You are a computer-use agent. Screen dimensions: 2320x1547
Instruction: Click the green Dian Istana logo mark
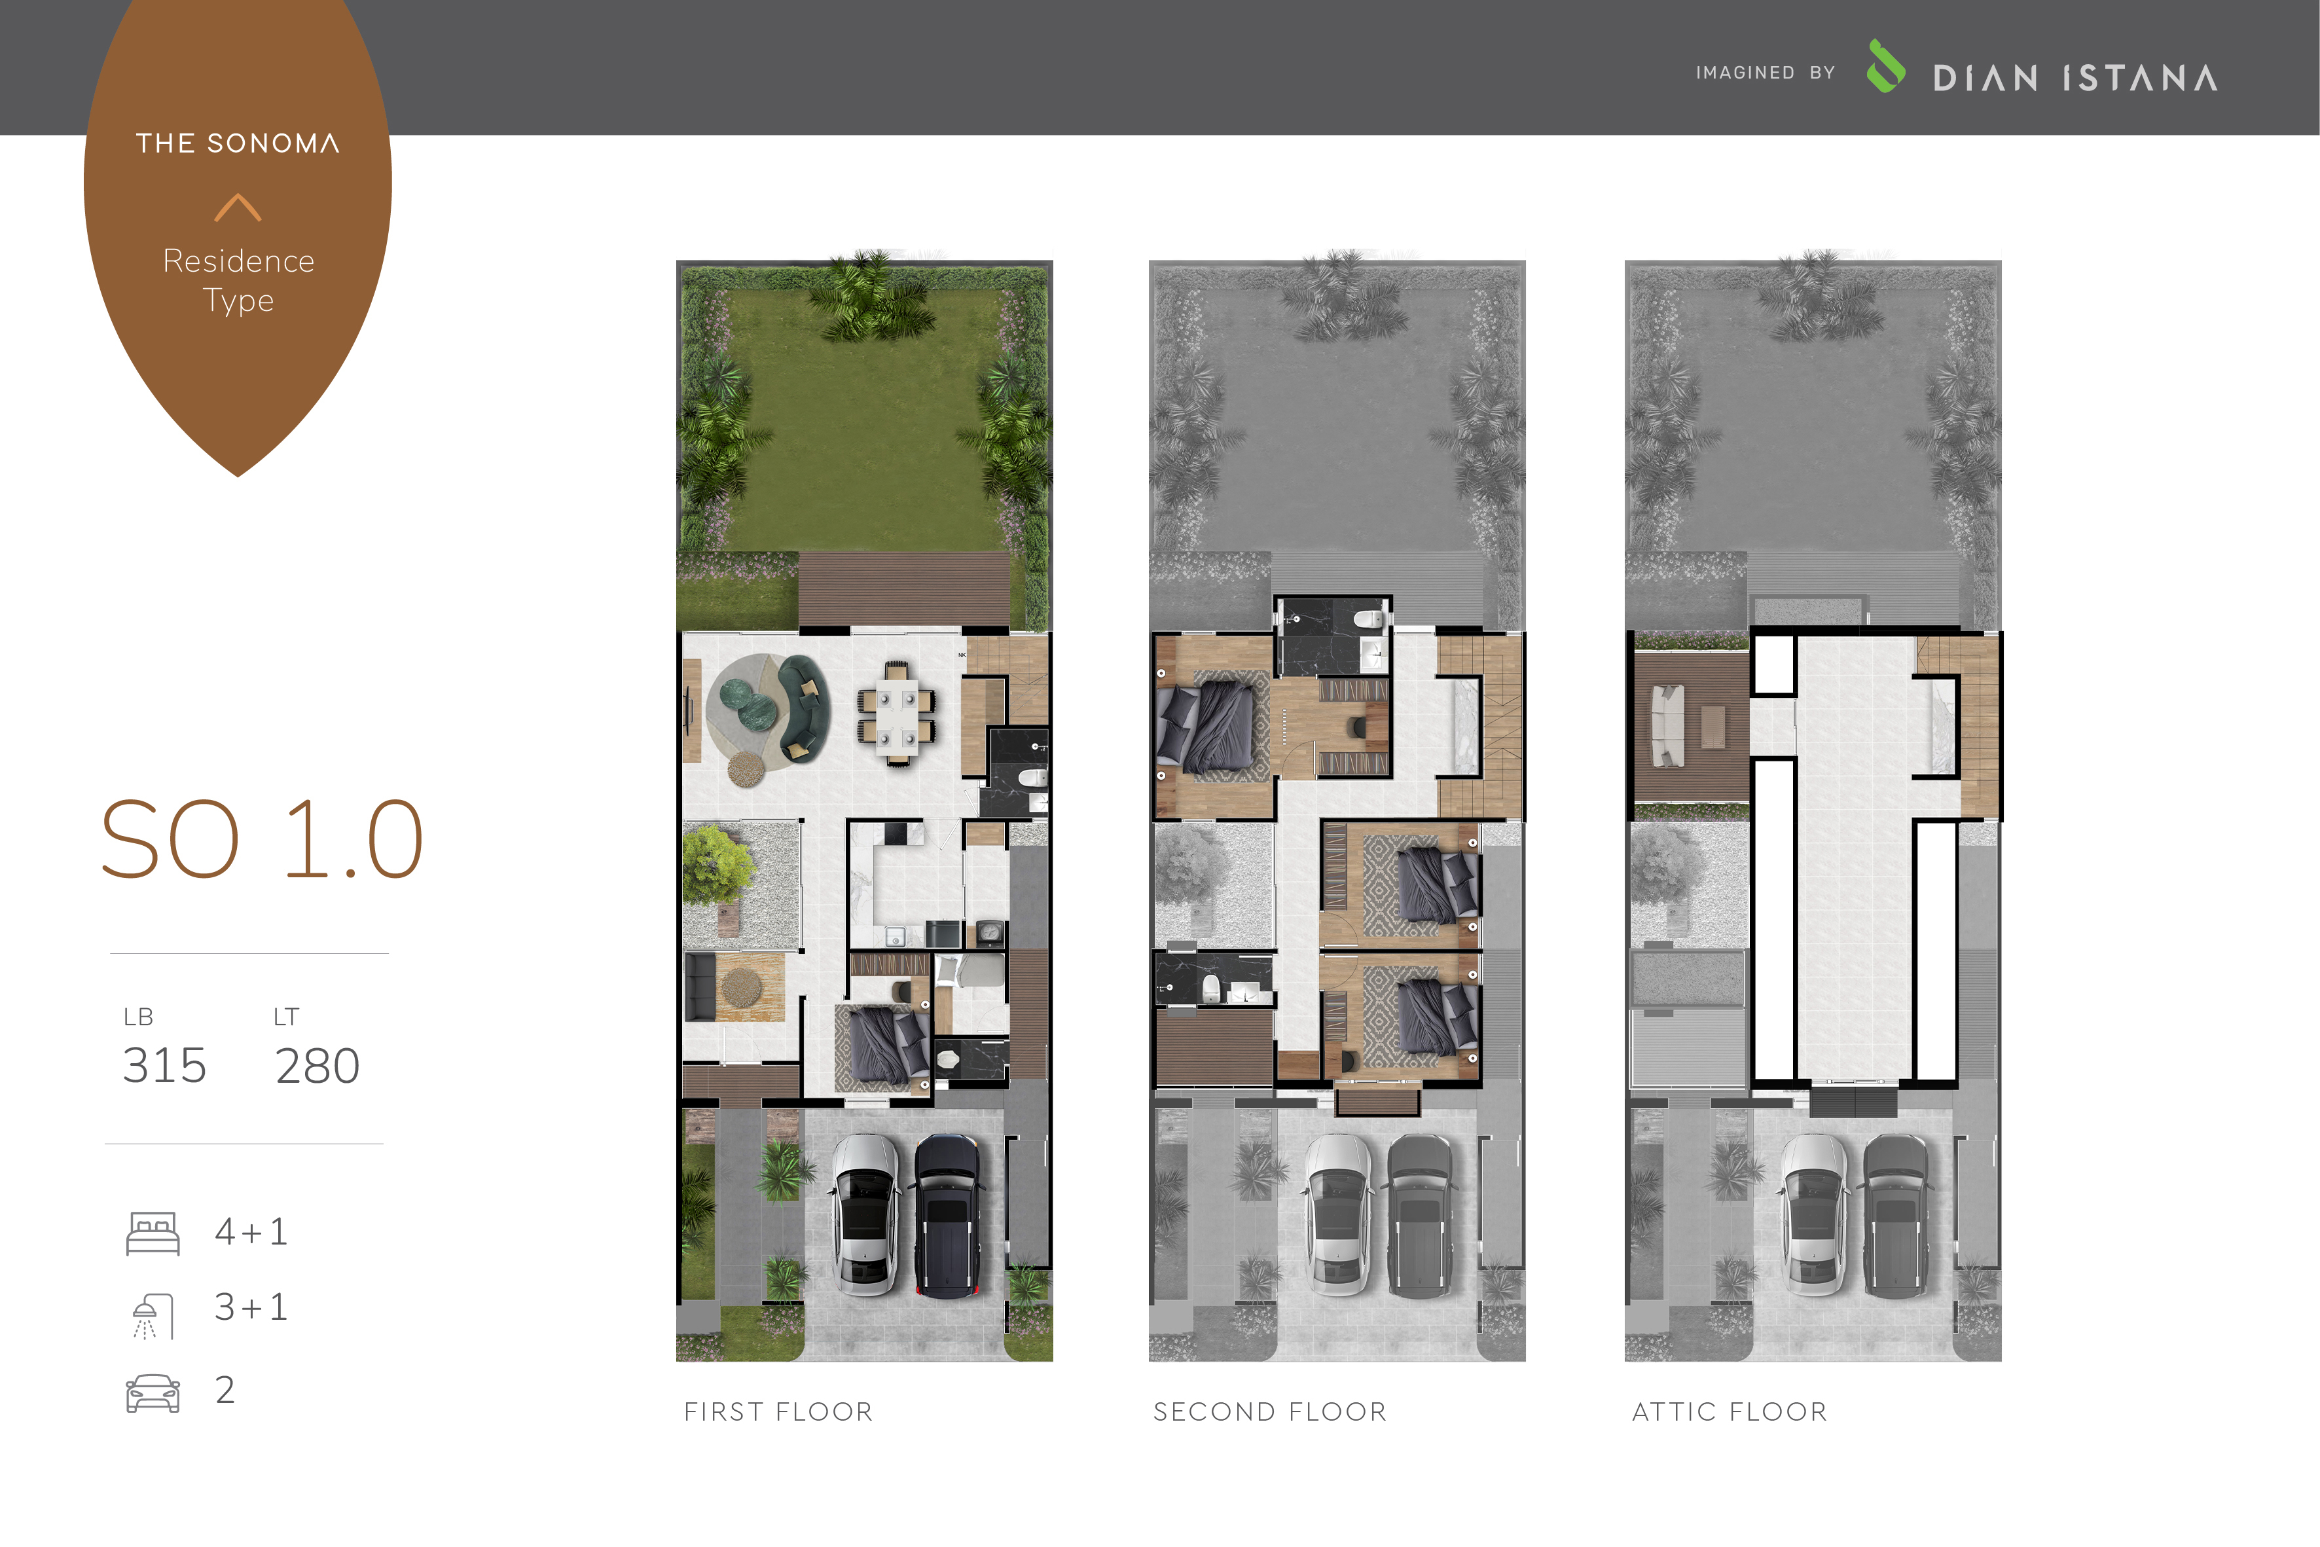[x=1885, y=66]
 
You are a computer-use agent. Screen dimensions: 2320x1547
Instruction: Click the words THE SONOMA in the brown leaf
[x=238, y=144]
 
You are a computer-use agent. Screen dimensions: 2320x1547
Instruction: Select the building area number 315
[x=165, y=1066]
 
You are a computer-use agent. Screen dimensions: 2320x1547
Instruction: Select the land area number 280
[x=317, y=1066]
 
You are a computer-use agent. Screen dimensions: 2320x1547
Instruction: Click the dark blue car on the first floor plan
[x=947, y=1216]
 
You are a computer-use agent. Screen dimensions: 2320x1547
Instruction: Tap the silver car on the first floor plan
[x=865, y=1216]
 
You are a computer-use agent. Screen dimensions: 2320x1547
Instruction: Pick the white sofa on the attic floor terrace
[x=1667, y=725]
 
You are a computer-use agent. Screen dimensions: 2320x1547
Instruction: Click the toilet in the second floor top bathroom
[x=1368, y=619]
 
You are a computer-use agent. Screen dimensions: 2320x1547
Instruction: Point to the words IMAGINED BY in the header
[x=1765, y=73]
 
